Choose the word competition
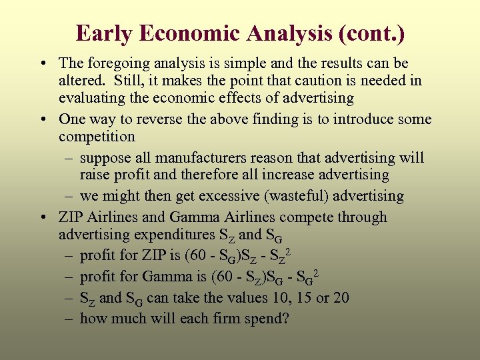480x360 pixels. tap(97, 137)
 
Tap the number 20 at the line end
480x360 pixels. tap(340, 298)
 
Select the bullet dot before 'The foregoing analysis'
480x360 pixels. tap(42, 64)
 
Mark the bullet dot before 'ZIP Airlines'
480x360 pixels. tap(42, 218)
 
